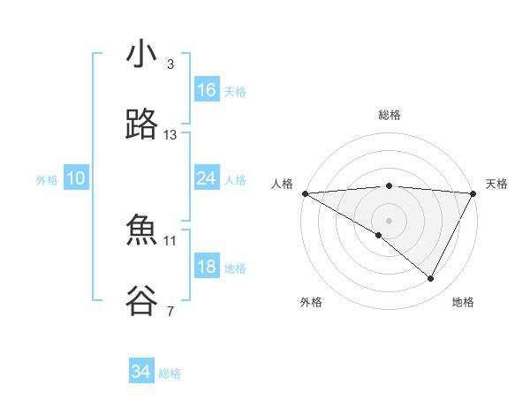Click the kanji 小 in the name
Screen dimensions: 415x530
coord(141,56)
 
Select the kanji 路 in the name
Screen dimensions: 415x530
coord(141,126)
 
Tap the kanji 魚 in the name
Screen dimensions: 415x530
coord(141,231)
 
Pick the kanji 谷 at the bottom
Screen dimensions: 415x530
coord(141,302)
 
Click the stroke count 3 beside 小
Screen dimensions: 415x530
coord(170,64)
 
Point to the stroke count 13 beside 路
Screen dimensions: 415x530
coord(170,135)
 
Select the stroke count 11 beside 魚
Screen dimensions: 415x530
coord(170,240)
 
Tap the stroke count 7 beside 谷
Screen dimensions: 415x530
coord(170,311)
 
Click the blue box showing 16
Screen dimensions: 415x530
coord(207,90)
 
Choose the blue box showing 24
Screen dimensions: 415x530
coord(207,178)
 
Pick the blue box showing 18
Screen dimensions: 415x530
coord(207,267)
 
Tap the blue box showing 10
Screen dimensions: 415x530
coord(76,178)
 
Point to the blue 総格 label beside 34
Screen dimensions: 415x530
coord(170,373)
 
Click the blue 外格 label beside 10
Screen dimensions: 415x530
coord(47,180)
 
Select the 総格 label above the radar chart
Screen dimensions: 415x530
coord(389,115)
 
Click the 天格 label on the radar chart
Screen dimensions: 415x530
coord(496,184)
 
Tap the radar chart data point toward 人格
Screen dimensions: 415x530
coord(305,193)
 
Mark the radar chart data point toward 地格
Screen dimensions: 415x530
coord(431,278)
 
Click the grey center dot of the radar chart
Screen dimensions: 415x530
coord(389,219)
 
